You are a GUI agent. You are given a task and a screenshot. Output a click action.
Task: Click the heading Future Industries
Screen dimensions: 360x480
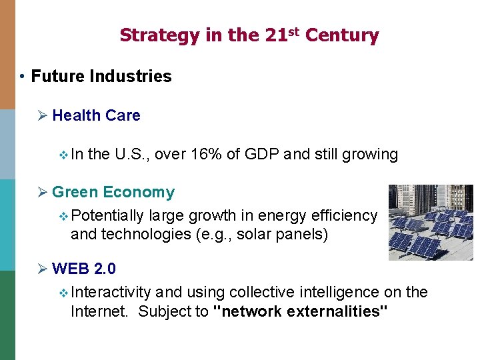point(101,77)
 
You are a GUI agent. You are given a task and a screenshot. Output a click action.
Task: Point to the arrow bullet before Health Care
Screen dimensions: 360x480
point(43,115)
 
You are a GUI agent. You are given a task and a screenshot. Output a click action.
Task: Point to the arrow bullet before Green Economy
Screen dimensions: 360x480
point(43,193)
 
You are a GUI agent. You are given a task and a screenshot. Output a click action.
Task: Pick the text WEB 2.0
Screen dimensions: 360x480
point(83,269)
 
